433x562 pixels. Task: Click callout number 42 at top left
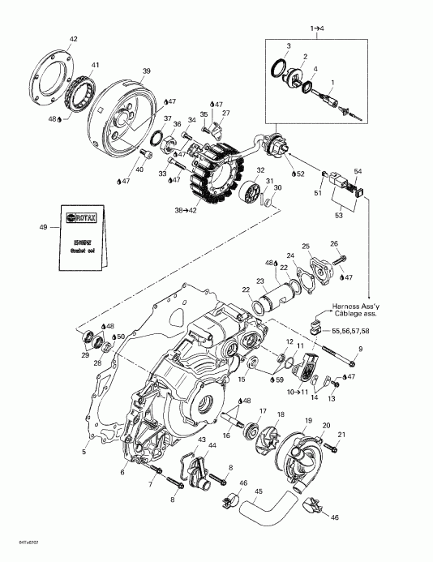[73, 40]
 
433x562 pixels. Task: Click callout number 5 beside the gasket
[85, 452]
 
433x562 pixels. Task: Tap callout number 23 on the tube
[262, 281]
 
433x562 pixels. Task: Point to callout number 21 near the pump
[341, 435]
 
